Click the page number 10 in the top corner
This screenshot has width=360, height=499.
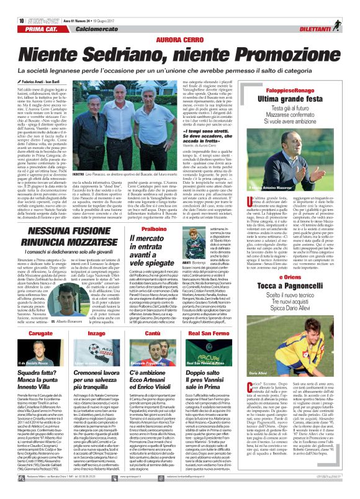point(12,6)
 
